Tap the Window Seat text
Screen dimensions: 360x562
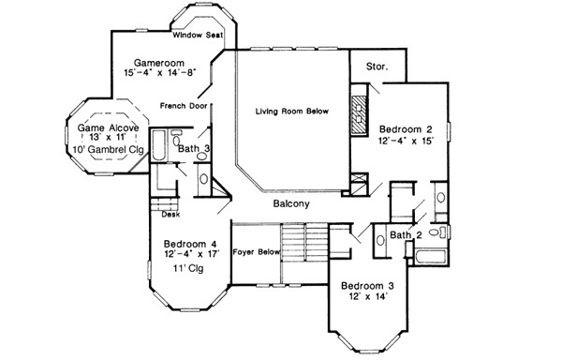196,35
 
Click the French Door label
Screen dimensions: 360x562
183,105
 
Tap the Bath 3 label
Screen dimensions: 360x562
194,148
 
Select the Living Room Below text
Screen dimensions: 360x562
293,112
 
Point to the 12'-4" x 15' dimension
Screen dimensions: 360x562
407,142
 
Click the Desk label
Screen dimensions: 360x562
170,214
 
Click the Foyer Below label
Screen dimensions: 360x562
256,252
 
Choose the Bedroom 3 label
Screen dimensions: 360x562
370,286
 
